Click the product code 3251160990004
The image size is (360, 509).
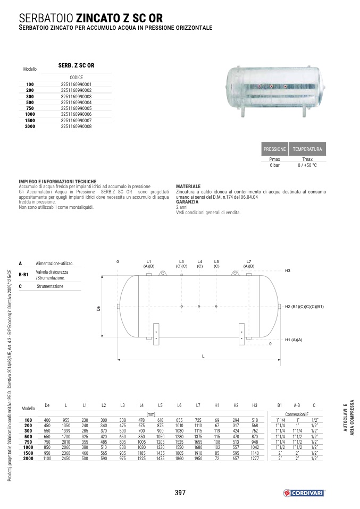(x=76, y=102)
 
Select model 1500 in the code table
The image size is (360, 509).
(x=30, y=121)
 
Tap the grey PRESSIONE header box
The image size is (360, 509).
(x=274, y=149)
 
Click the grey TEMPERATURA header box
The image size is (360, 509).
(x=307, y=149)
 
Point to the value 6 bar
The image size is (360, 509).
(x=274, y=165)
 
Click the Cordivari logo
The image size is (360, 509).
(x=304, y=493)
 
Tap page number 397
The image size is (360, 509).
(x=180, y=493)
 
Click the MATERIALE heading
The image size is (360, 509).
(x=188, y=186)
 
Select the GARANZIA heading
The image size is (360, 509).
(x=187, y=201)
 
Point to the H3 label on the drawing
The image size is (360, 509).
(x=288, y=270)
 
